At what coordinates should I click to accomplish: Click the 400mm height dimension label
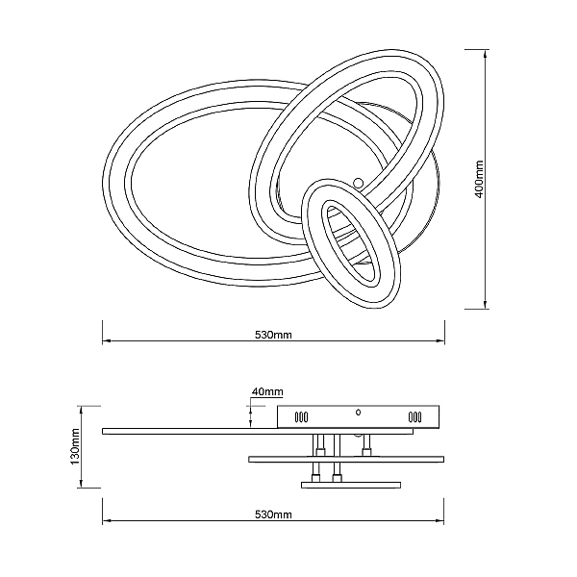point(479,179)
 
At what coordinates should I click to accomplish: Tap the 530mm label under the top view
point(273,335)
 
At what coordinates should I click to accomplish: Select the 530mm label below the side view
point(273,514)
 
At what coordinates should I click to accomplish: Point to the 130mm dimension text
point(75,447)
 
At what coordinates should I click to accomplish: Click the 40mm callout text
point(267,391)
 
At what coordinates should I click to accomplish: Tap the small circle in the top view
point(358,182)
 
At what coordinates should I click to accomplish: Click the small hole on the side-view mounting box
point(358,413)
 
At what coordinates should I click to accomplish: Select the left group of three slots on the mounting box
point(301,417)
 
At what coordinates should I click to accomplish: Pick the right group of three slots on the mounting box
point(414,417)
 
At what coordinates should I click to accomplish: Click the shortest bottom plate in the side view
point(351,485)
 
